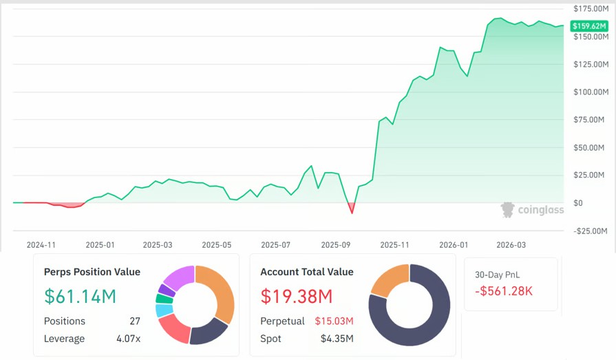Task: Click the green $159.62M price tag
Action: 589,25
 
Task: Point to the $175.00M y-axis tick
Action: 591,8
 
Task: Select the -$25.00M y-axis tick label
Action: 591,231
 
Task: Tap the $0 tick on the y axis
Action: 578,203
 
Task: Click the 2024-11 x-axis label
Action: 41,244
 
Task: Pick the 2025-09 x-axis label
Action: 336,244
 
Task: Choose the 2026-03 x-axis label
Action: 511,244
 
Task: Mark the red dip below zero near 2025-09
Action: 352,208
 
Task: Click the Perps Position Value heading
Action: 92,272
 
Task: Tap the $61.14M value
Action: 80,297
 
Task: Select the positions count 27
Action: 135,321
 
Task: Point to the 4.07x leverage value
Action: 128,339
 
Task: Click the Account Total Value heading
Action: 306,272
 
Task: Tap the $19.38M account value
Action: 296,297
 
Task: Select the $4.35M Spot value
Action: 337,339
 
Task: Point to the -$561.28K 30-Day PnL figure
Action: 504,291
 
